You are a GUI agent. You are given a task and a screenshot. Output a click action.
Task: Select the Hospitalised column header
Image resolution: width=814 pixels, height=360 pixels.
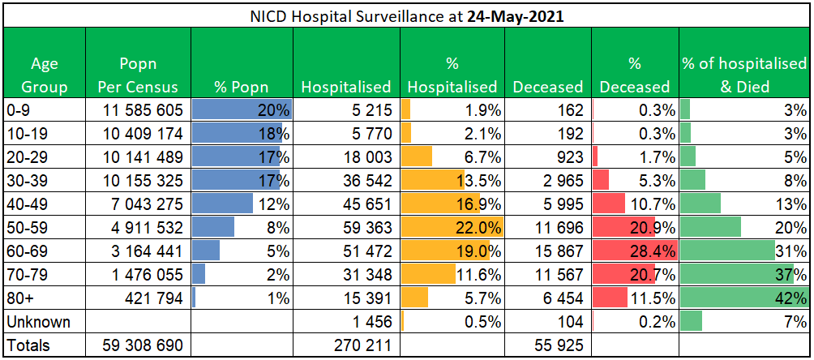pos(346,86)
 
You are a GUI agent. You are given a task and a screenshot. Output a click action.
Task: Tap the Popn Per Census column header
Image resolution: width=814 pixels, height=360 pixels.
pos(138,75)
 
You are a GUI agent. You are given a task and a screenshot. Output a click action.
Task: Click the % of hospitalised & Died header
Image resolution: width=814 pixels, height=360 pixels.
pos(743,75)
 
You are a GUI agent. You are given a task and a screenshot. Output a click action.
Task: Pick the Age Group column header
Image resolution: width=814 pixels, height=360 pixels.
pos(45,75)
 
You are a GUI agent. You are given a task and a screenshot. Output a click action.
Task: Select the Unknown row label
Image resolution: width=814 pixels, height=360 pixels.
pos(38,322)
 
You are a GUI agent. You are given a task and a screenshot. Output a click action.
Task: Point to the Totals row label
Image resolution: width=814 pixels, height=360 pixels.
pos(28,345)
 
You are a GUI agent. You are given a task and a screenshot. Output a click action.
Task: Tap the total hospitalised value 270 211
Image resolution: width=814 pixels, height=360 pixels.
pos(362,345)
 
